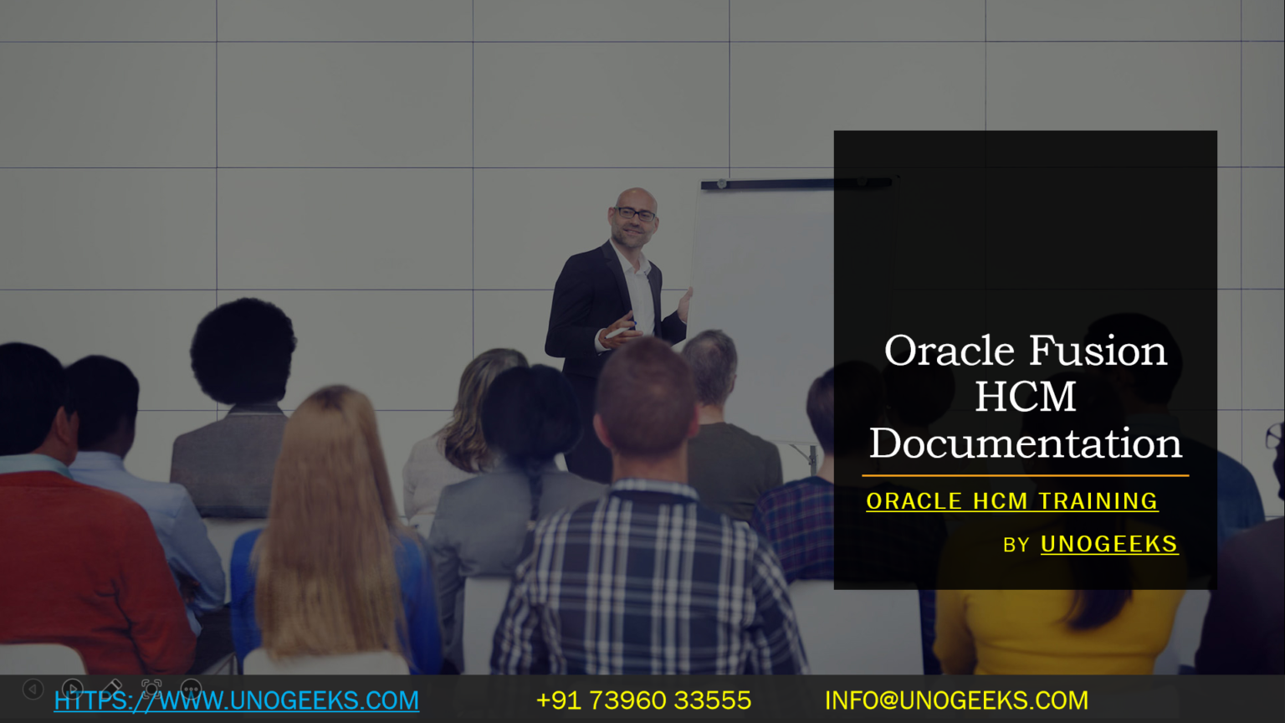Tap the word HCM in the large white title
tap(1025, 397)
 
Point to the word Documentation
tap(1025, 444)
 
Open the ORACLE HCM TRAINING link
tap(1011, 501)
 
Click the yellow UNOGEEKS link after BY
tap(1108, 545)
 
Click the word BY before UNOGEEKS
tap(1016, 546)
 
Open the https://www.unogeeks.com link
tap(237, 700)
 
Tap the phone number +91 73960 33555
tap(643, 700)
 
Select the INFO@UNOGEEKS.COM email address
tap(956, 700)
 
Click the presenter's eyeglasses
tap(636, 214)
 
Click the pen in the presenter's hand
tap(619, 332)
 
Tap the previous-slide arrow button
tap(33, 689)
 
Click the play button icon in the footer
tap(72, 689)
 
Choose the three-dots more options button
tap(191, 689)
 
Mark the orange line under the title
tap(1025, 475)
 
